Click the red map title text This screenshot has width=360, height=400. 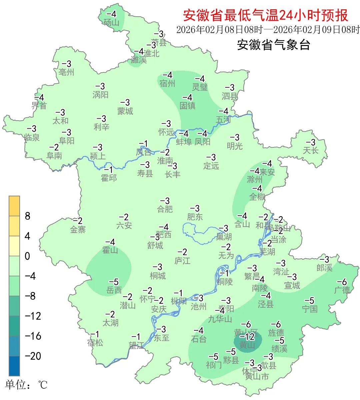point(265,15)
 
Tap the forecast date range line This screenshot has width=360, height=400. point(268,30)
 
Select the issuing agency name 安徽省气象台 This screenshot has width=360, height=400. point(273,45)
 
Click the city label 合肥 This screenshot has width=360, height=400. point(165,209)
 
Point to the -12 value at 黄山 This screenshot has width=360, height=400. point(247,337)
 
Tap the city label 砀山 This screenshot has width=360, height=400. point(111,22)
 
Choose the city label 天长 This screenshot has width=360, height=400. point(311,150)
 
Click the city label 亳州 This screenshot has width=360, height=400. point(66,72)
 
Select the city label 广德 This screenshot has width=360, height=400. point(342,290)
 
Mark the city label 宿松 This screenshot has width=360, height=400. point(95,343)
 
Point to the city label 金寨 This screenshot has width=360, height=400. point(78,229)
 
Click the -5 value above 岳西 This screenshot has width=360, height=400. point(114,282)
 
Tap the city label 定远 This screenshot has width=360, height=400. point(211,165)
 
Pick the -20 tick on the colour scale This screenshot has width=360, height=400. point(33,356)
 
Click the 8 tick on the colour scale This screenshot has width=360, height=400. point(28,216)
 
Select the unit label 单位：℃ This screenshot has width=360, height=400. point(26,385)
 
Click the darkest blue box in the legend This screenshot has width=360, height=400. point(14,366)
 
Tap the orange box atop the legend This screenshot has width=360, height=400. point(14,206)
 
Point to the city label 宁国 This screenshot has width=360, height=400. point(310,309)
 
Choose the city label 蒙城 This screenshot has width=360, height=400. point(125,111)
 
